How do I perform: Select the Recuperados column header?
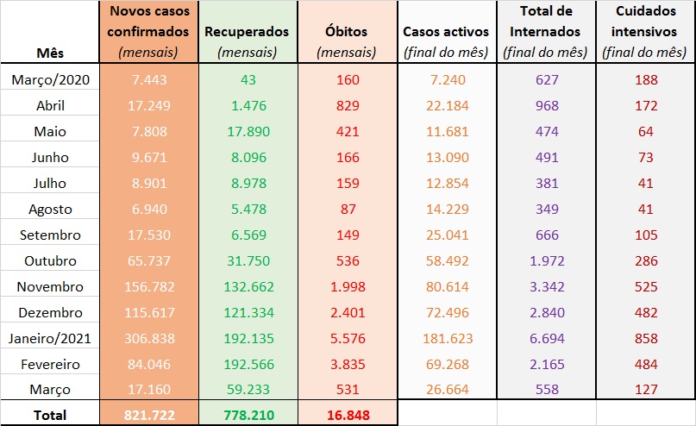click(x=247, y=32)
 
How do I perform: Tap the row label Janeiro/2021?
click(x=50, y=337)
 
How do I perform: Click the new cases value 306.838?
click(x=148, y=337)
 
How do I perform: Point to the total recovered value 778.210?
click(x=247, y=415)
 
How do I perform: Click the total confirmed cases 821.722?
click(x=148, y=415)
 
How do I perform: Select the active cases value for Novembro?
click(x=446, y=286)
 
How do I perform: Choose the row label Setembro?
click(x=50, y=235)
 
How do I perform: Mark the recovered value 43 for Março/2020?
click(x=247, y=80)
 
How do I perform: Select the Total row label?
click(x=50, y=415)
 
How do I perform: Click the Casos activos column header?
click(x=446, y=32)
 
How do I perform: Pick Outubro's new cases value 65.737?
click(x=148, y=260)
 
